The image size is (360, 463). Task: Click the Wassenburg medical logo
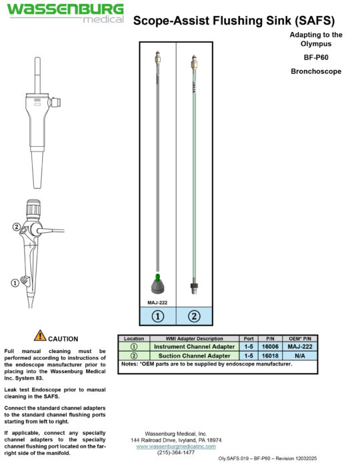65,13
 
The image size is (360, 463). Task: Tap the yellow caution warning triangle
40,336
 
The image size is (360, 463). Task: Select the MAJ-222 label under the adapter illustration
157,303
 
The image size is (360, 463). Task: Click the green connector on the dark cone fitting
157,278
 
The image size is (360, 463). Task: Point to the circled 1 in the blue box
157,316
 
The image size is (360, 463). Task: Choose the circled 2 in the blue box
194,316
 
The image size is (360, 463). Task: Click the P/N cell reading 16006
270,346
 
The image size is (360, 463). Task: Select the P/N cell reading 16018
270,356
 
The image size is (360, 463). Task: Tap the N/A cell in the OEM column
299,356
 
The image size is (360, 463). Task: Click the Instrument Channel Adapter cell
194,346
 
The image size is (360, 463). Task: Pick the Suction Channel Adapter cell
194,356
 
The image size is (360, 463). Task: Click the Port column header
249,338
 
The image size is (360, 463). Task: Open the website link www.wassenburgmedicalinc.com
176,446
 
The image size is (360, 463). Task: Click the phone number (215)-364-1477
176,452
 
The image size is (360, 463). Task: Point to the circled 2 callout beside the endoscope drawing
17,227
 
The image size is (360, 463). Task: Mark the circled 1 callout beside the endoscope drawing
15,283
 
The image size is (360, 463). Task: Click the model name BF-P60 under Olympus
316,57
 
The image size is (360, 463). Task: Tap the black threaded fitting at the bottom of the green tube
194,288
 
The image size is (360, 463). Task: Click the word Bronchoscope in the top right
316,71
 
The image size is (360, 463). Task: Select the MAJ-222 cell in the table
299,346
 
